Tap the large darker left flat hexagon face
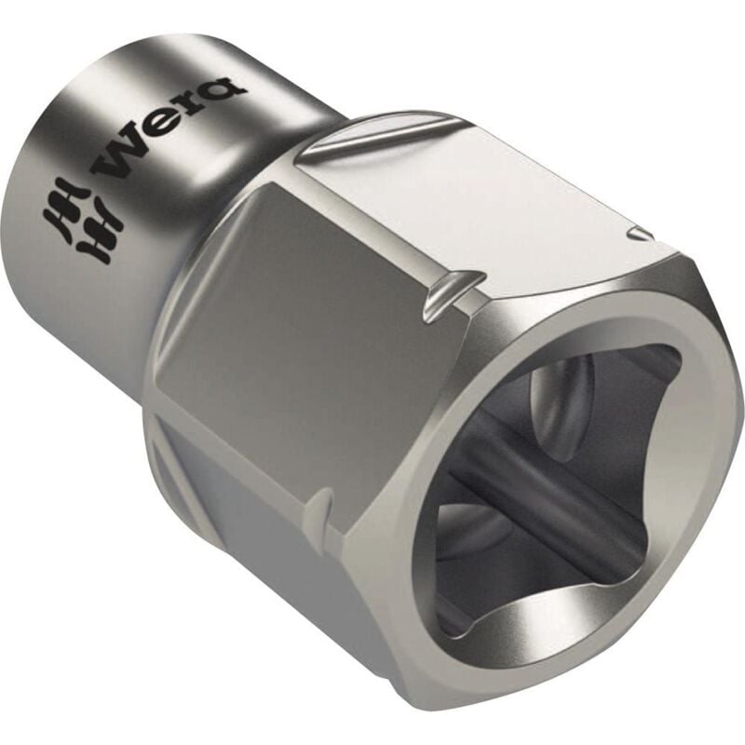coord(279,307)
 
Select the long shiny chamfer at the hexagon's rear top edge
coord(372,140)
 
